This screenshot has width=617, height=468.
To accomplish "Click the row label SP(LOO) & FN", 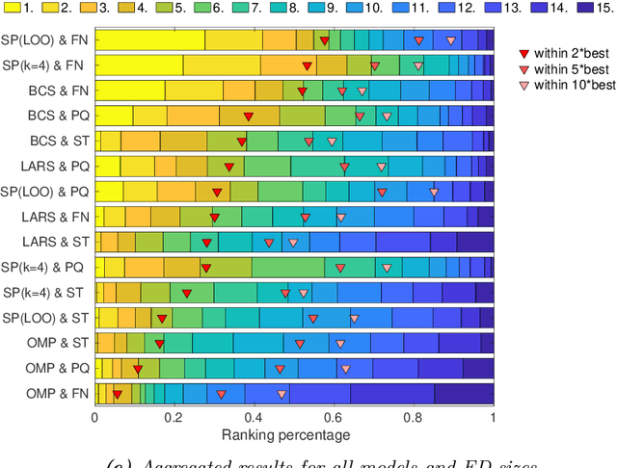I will click(x=46, y=39).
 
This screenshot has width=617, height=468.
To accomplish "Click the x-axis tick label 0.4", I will click(x=255, y=418).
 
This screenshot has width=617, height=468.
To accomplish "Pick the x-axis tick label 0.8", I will click(x=414, y=418).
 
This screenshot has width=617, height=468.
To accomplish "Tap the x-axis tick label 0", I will click(x=94, y=418).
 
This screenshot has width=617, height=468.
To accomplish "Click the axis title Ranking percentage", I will click(x=294, y=434).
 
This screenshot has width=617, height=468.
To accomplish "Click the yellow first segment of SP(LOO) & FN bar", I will click(x=149, y=40).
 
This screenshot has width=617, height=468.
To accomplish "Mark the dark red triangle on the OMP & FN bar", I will click(x=117, y=393).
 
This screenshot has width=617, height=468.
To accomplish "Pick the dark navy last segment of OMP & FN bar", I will click(x=464, y=393).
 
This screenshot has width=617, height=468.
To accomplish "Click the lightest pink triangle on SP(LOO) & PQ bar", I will click(x=434, y=192).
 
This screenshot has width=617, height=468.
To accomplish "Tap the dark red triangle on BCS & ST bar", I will click(x=241, y=142).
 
